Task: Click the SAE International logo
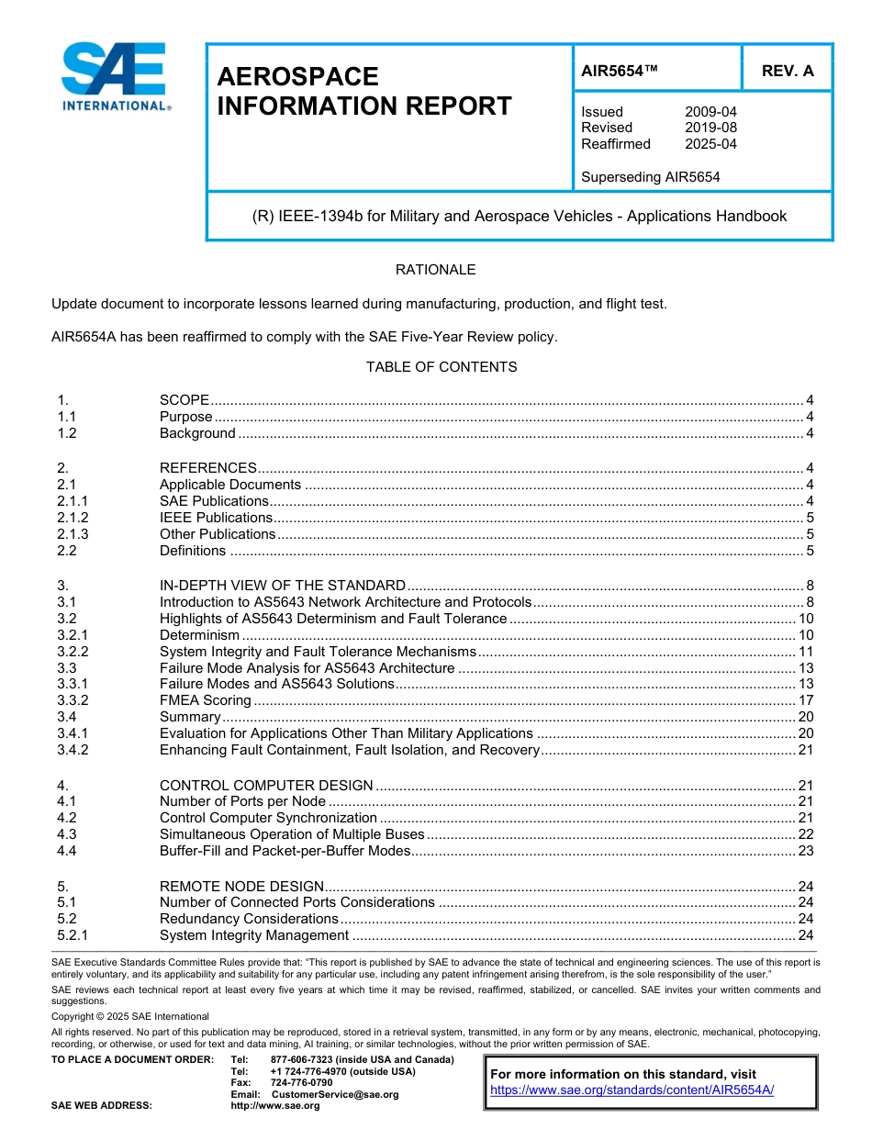click(116, 78)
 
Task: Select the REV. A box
click(787, 71)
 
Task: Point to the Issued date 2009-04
click(710, 112)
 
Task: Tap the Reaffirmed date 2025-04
click(710, 144)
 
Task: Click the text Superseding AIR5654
click(650, 177)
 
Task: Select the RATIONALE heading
click(435, 270)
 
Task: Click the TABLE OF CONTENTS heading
click(442, 367)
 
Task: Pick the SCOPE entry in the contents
click(184, 399)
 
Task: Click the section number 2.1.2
click(73, 518)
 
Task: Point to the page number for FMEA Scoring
click(806, 700)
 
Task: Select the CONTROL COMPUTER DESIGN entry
click(266, 785)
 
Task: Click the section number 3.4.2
click(73, 750)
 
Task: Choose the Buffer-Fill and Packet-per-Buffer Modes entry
click(285, 851)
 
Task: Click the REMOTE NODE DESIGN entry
click(241, 886)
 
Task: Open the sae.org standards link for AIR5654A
click(632, 1090)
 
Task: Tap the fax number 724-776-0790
click(301, 1082)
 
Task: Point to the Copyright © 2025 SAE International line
click(130, 1016)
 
